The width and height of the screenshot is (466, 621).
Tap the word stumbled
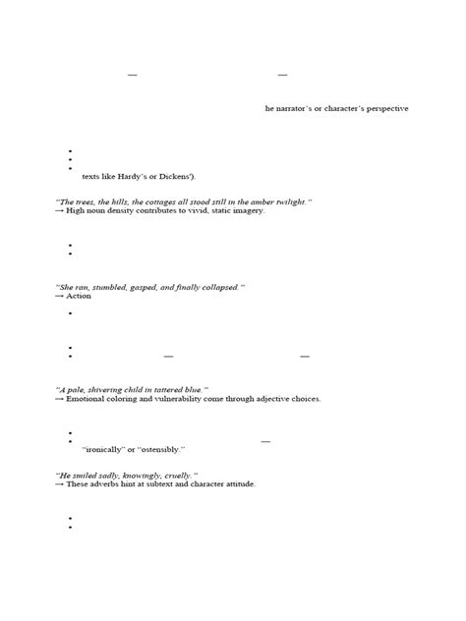point(122,286)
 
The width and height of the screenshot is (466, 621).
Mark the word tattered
point(169,389)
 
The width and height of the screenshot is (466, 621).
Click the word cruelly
point(180,474)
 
